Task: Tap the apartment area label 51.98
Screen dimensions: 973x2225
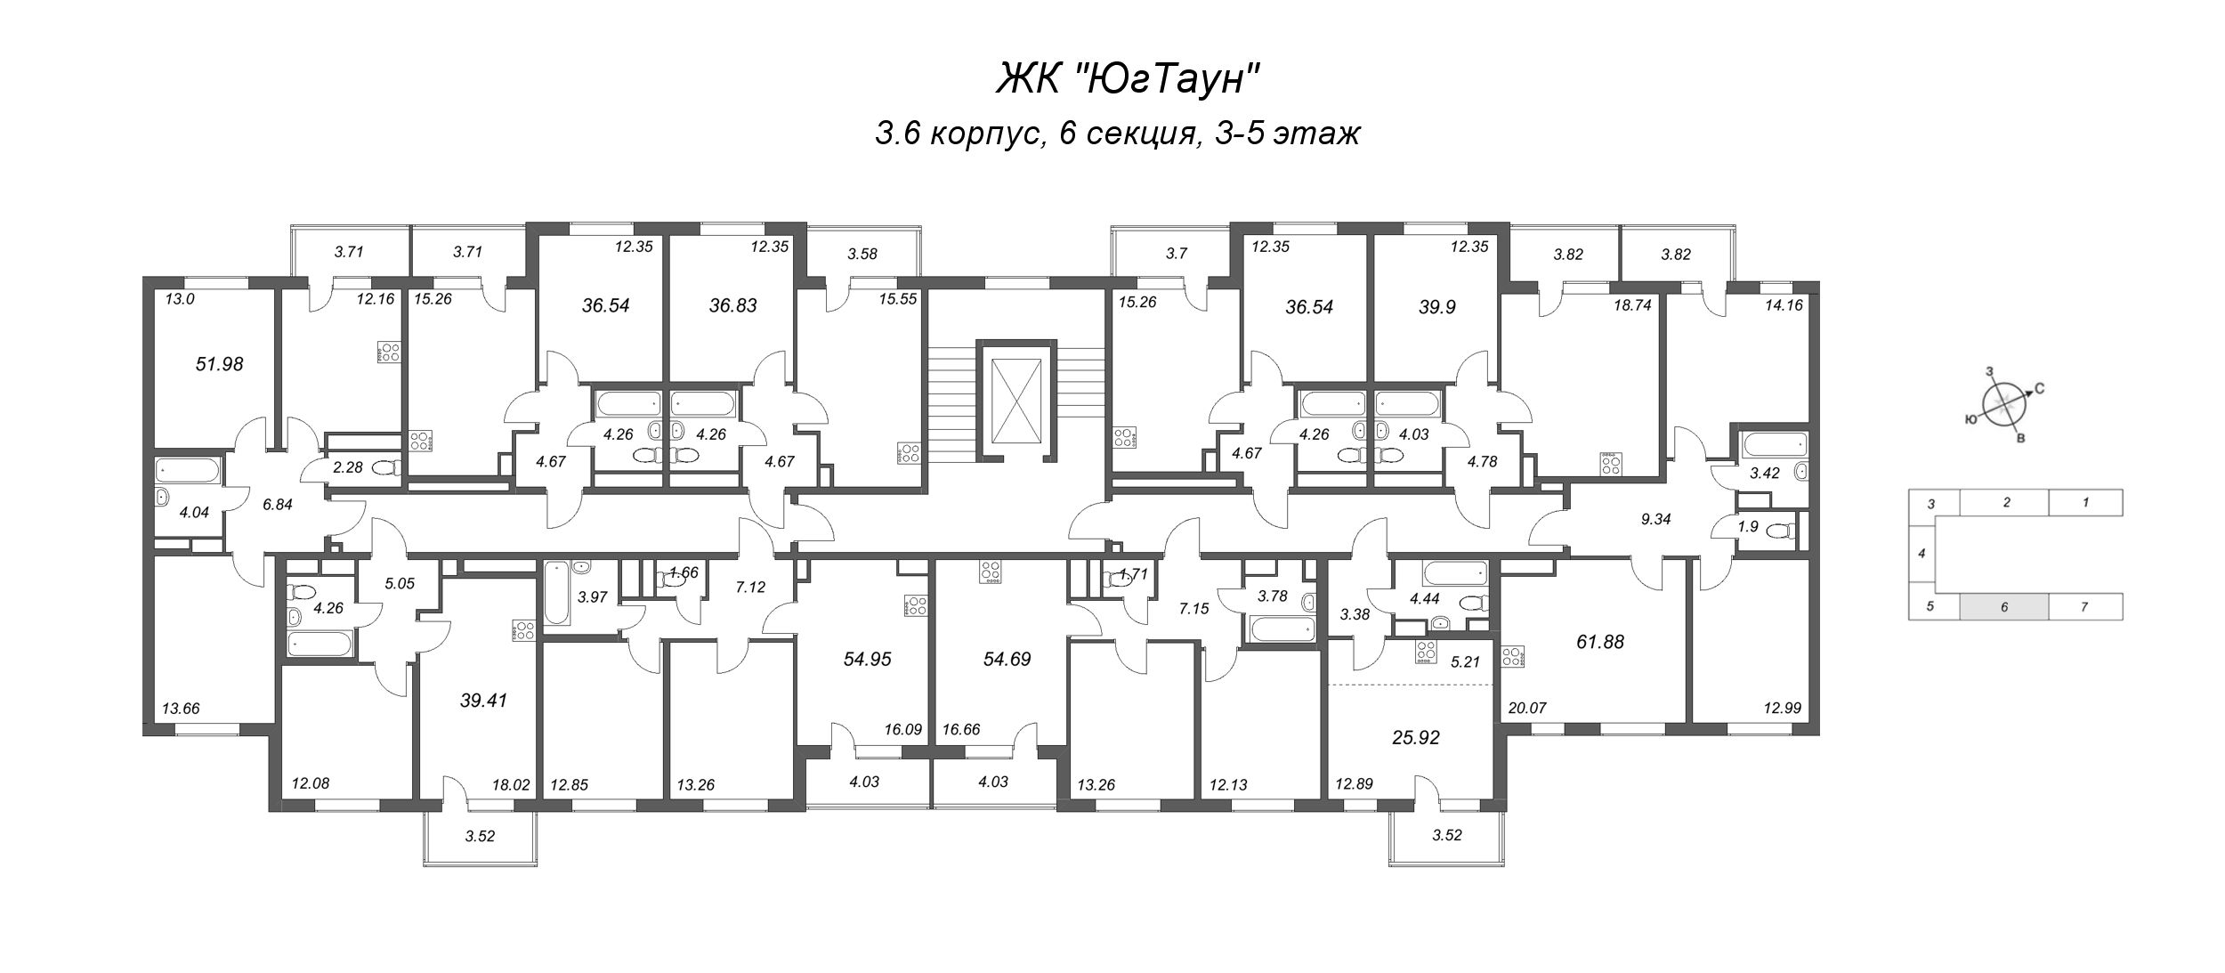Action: click(219, 364)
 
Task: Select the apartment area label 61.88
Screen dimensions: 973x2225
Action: click(1599, 641)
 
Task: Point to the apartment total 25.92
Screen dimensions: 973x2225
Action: click(1414, 737)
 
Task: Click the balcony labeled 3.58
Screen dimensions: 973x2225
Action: click(862, 254)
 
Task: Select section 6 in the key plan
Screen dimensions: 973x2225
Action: click(2003, 607)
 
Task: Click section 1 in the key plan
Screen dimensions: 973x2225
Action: click(2085, 502)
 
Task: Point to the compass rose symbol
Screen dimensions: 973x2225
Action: click(2002, 408)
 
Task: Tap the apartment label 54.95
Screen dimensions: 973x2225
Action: click(867, 659)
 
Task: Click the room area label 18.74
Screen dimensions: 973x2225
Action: click(1632, 303)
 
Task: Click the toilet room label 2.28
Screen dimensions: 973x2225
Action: click(346, 466)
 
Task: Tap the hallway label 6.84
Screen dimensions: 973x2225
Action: click(278, 503)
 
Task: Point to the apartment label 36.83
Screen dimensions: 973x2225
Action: click(732, 305)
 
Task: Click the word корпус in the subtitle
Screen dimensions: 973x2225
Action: click(983, 134)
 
